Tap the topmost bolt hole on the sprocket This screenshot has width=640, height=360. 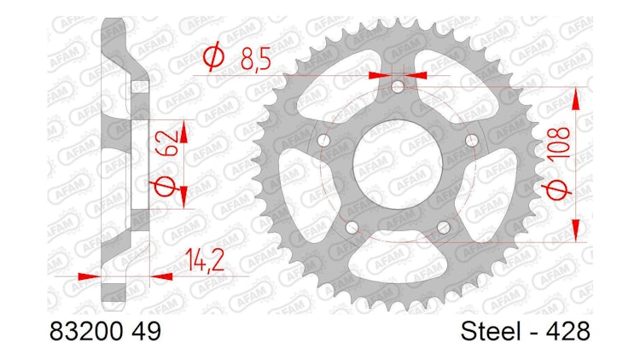[x=397, y=85]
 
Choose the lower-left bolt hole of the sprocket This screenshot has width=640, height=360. [x=350, y=226]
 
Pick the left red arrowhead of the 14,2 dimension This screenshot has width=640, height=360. [x=86, y=276]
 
